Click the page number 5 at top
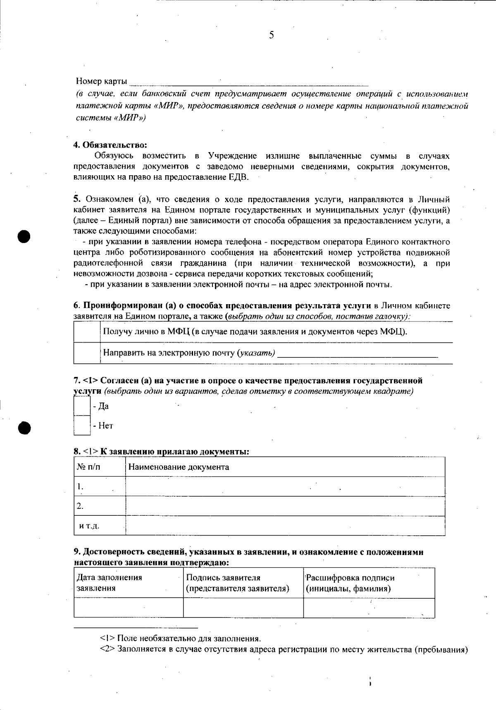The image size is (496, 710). (271, 35)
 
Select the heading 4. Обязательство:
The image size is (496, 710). (110, 145)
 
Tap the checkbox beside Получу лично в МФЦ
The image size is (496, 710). (87, 331)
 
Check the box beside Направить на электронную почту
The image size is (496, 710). (87, 353)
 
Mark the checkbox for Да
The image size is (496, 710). (82, 406)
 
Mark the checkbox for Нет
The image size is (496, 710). (82, 425)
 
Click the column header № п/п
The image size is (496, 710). (88, 467)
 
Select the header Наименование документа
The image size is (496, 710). (179, 467)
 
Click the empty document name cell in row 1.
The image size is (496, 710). (285, 486)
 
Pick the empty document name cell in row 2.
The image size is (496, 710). (285, 506)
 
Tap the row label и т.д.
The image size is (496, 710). (89, 526)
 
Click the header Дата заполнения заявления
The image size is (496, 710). (110, 583)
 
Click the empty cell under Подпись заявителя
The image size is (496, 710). (243, 608)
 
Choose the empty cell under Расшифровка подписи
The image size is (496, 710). (369, 608)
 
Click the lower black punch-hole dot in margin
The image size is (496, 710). (25, 427)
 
